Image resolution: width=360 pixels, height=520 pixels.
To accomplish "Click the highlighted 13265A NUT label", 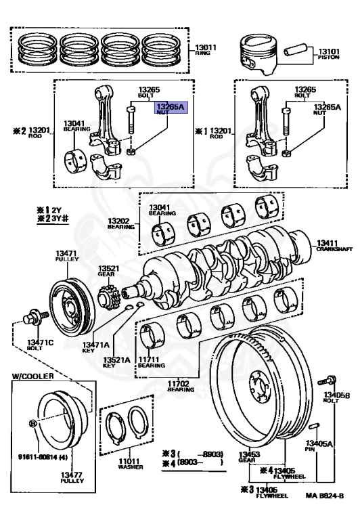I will tap(171, 110).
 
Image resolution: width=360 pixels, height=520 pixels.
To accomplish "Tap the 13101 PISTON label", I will tap(330, 53).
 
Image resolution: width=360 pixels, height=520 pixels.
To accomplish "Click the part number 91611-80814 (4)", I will tap(39, 457).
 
